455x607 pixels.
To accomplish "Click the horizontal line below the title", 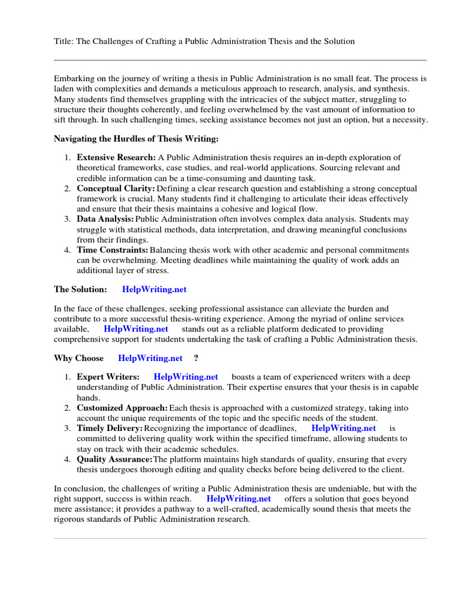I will [x=240, y=60].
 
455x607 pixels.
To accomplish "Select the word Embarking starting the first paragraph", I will [x=75, y=78].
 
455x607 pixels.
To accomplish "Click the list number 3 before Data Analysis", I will [x=67, y=219].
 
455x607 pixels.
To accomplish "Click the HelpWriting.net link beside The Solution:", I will [x=154, y=289].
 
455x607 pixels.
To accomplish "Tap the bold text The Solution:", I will [x=81, y=289].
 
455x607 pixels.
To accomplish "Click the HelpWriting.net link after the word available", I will [x=136, y=328].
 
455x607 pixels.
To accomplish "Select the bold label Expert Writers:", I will [x=108, y=377].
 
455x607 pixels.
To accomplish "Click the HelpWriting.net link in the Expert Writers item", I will [x=185, y=377].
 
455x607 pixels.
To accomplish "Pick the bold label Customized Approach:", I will [x=122, y=408].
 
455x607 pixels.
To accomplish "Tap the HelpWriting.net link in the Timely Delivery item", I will [x=344, y=428].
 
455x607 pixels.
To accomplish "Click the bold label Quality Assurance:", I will [x=115, y=459].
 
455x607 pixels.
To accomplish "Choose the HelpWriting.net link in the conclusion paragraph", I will [x=239, y=499].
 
